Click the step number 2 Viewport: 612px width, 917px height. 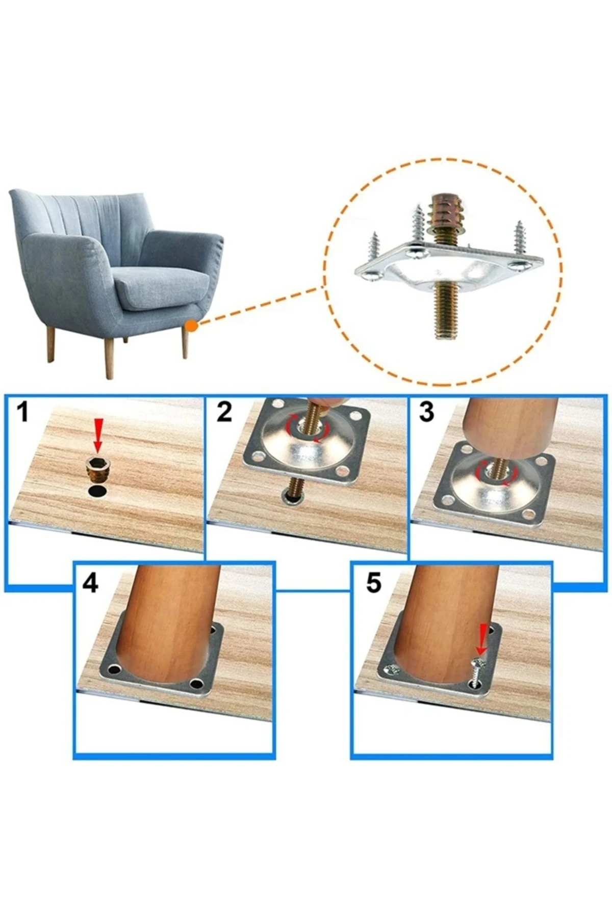[x=224, y=413]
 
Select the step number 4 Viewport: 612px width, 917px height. [x=90, y=583]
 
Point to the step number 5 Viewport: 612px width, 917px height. [x=373, y=583]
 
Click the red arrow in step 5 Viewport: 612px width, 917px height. [x=480, y=639]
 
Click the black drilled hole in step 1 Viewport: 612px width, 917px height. [x=97, y=492]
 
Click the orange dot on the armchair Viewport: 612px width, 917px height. [x=191, y=325]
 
